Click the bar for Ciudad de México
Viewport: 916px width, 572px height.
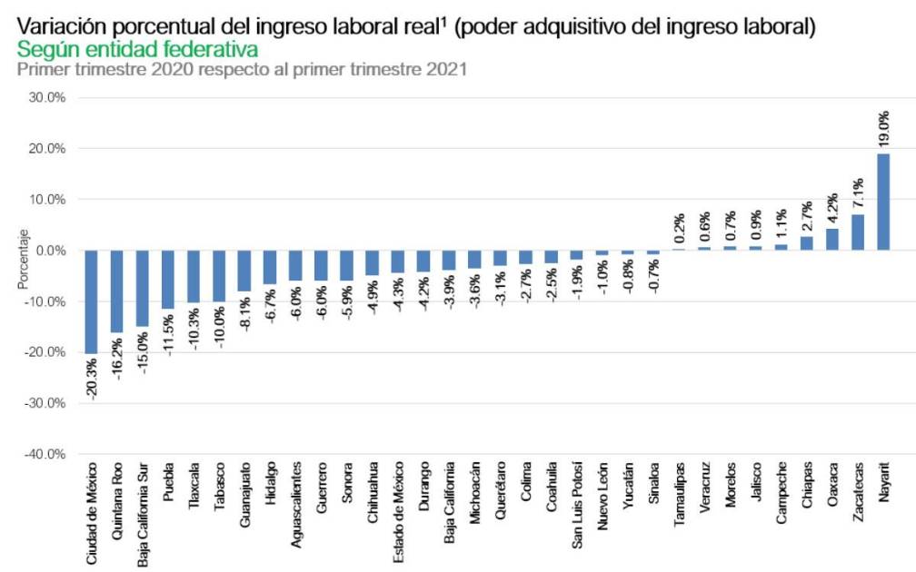91,301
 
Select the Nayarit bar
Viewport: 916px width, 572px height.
883,202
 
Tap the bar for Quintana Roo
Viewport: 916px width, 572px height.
116,291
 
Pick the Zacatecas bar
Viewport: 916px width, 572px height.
858,232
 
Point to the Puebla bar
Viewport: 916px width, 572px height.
167,279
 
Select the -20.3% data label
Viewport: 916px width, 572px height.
92,380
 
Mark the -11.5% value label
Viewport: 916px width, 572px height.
168,335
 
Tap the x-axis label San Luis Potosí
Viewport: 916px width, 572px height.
576,510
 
